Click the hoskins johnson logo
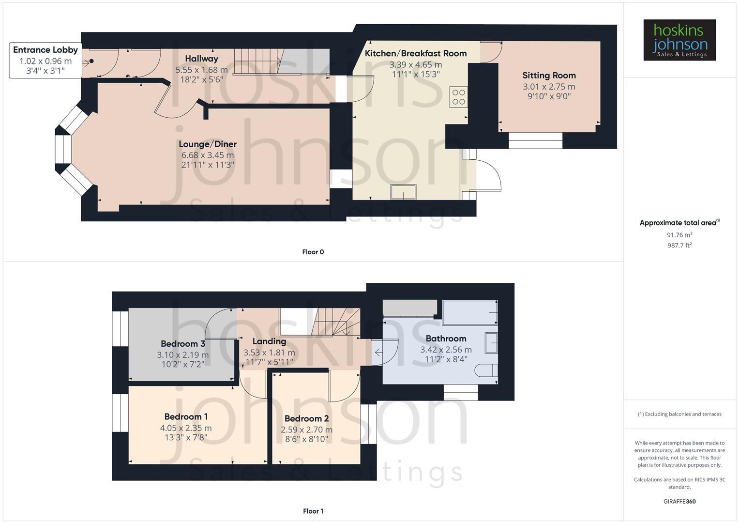[679, 40]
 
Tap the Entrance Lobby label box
[45, 61]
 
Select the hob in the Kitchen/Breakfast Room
[458, 97]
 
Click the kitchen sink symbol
[404, 192]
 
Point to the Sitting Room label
[549, 76]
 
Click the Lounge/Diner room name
[208, 144]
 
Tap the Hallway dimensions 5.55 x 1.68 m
[201, 70]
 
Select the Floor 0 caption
[313, 252]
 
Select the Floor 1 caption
[313, 511]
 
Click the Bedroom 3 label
[182, 344]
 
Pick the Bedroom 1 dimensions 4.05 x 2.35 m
[186, 428]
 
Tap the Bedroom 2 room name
[306, 418]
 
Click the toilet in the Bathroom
[486, 371]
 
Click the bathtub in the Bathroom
[470, 313]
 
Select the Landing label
[269, 341]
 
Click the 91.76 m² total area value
[679, 235]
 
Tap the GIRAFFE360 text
[679, 501]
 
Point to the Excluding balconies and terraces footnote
[679, 414]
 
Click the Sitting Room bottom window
[535, 140]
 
